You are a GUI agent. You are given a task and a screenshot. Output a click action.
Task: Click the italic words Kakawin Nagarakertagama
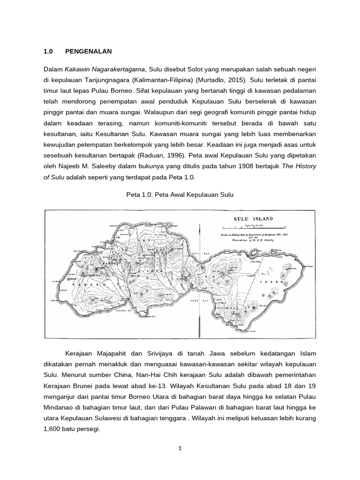(x=106, y=70)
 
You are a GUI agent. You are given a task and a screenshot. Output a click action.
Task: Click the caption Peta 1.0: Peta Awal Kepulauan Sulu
(x=180, y=194)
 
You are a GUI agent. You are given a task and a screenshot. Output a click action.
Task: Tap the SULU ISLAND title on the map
(x=254, y=219)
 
